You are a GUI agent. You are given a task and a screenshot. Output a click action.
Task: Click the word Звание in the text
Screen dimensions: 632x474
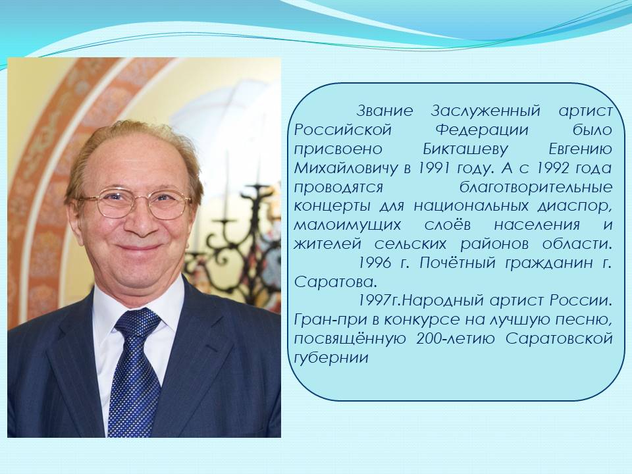coord(385,111)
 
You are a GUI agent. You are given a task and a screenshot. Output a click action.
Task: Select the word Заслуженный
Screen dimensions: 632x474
coord(485,111)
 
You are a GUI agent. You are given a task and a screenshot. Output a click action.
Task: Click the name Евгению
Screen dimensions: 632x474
coord(581,149)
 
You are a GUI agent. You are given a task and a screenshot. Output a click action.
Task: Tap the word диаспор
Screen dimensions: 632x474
coord(575,206)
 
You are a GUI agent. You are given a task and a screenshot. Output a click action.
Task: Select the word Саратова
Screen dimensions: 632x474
coord(335,282)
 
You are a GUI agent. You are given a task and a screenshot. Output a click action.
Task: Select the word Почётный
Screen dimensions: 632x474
coord(457,263)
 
